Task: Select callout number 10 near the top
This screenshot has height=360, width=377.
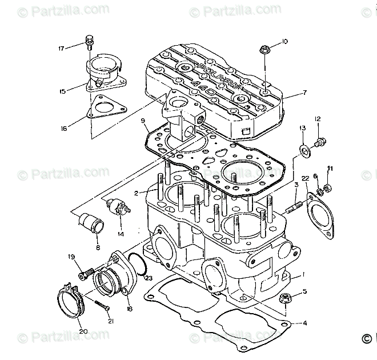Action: click(x=284, y=42)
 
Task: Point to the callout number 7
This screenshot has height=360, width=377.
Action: click(x=304, y=92)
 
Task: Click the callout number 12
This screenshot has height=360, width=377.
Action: click(x=318, y=119)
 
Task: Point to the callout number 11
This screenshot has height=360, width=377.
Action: click(x=330, y=168)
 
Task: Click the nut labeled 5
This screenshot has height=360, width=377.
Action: click(x=284, y=297)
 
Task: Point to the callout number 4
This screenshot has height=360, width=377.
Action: click(x=304, y=323)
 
